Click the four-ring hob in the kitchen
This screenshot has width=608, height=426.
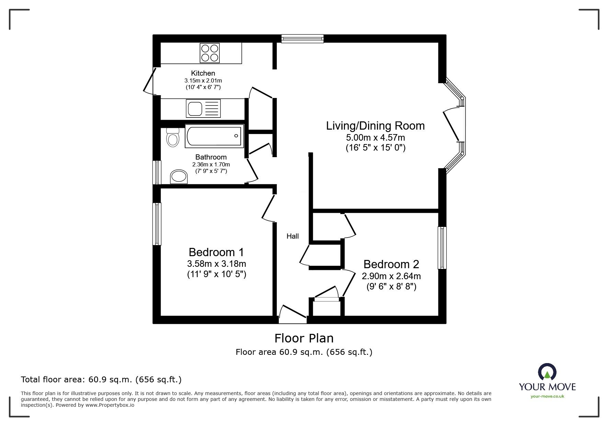[x=209, y=53]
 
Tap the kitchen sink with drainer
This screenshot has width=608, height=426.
[x=203, y=108]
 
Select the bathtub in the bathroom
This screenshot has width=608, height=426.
[x=214, y=136]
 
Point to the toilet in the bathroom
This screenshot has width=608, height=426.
[x=173, y=138]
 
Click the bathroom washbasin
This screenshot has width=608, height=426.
[x=179, y=177]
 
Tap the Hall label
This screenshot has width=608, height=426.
[x=292, y=236]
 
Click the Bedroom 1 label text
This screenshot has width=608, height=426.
[x=216, y=252]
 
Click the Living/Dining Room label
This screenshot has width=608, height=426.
[x=375, y=126]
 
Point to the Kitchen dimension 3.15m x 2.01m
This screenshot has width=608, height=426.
[x=203, y=80]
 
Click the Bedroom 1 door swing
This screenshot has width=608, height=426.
[x=268, y=208]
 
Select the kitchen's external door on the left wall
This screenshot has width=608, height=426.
[x=149, y=81]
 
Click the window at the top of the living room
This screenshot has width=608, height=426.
[x=302, y=39]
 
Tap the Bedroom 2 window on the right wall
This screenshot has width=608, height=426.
[x=442, y=248]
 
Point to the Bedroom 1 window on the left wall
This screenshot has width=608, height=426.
[x=157, y=223]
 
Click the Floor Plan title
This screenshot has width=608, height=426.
[x=304, y=338]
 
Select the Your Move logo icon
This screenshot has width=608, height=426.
[x=547, y=372]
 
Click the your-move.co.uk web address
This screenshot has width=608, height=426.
[x=547, y=396]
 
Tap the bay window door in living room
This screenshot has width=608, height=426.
[x=451, y=126]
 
